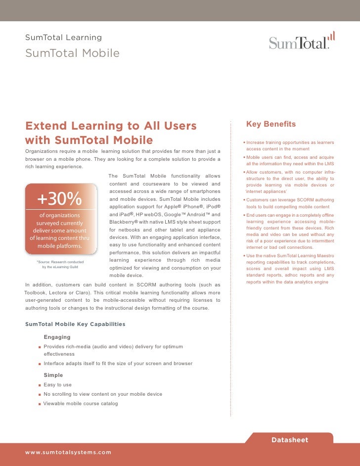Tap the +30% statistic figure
click(x=59, y=199)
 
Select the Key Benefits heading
click(x=271, y=124)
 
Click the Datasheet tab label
click(x=290, y=440)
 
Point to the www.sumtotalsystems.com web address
click(x=68, y=452)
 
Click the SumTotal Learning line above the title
click(x=63, y=38)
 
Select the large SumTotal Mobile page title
click(x=72, y=53)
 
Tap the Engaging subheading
click(x=57, y=337)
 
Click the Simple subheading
click(x=53, y=375)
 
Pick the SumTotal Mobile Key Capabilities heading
click(x=75, y=324)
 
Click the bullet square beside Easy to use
click(x=39, y=385)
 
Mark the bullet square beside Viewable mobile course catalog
click(x=39, y=404)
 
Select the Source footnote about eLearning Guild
click(x=60, y=264)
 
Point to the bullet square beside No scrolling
click(x=39, y=394)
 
